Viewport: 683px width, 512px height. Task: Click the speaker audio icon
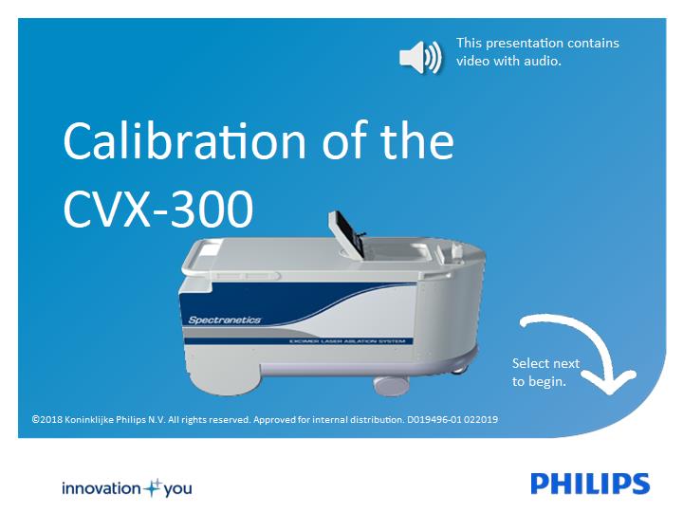(420, 58)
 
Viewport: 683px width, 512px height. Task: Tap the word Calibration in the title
(184, 141)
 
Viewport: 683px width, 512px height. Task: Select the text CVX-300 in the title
(158, 208)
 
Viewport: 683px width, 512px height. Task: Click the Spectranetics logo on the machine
(224, 320)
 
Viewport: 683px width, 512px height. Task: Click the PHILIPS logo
(590, 484)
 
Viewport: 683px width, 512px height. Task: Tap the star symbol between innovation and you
(153, 488)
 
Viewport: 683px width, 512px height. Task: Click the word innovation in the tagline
(102, 488)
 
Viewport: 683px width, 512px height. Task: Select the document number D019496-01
(434, 420)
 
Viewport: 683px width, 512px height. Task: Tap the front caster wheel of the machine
(391, 386)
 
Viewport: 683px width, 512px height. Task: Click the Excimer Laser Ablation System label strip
(347, 341)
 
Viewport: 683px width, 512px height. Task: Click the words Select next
(545, 363)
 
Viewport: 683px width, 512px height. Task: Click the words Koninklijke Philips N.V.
(115, 420)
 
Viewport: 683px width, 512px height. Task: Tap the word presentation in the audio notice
(518, 43)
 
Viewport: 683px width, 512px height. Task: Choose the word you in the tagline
(177, 489)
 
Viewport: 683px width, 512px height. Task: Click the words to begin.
(539, 382)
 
